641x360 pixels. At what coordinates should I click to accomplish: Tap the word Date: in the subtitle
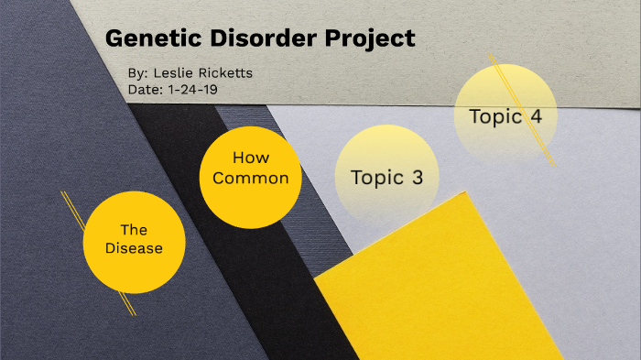tap(146, 90)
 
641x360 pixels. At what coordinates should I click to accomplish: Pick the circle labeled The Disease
tap(134, 240)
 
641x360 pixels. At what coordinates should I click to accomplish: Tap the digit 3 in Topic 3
tap(417, 178)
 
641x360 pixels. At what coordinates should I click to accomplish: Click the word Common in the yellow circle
tap(251, 178)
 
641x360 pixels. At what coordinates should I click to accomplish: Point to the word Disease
tap(134, 248)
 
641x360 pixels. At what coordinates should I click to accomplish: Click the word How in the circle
tap(250, 158)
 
